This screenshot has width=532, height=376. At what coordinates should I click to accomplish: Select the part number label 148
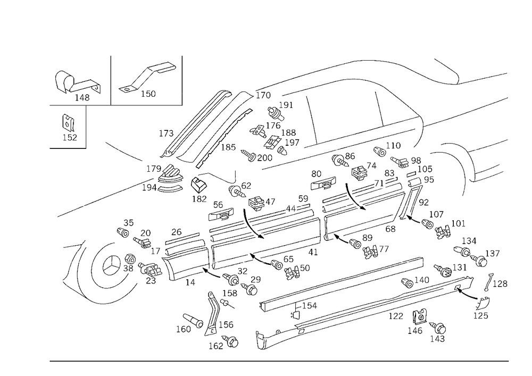[82, 98]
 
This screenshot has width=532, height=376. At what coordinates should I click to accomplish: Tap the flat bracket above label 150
[147, 76]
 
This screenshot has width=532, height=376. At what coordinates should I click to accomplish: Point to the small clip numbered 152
[68, 123]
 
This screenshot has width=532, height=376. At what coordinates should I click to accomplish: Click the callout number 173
[166, 133]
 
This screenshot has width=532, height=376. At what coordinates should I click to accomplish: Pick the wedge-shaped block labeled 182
[199, 185]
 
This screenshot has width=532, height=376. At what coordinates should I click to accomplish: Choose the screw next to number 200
[248, 155]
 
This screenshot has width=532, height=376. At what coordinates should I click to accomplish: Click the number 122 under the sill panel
[396, 316]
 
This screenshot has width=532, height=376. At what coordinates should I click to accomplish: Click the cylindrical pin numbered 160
[193, 321]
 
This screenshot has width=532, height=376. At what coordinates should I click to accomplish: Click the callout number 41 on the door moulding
[313, 252]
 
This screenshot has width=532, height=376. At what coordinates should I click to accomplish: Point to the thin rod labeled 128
[487, 282]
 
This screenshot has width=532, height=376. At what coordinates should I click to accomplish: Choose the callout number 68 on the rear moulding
[390, 229]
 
